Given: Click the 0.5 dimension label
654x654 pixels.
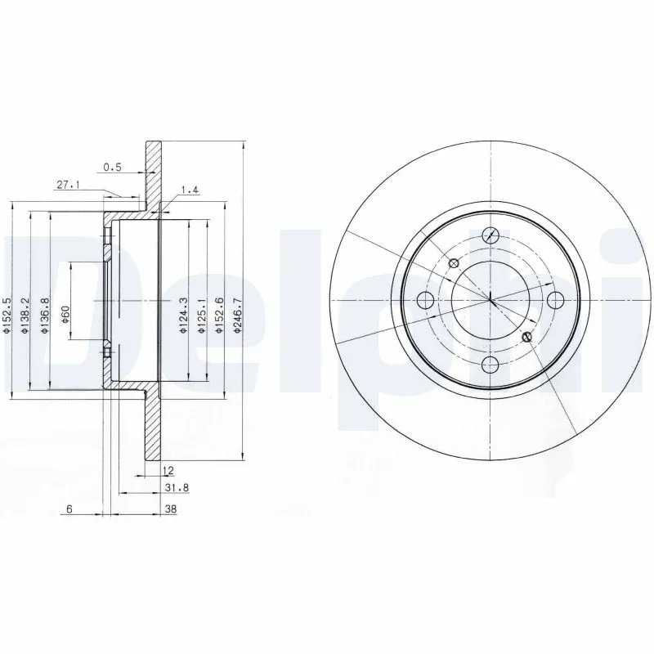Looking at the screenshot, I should coord(112,168).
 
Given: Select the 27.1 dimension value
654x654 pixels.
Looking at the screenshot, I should coord(68,186).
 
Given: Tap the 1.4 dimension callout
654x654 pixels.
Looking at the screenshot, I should coord(189,190).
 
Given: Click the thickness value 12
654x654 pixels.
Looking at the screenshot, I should coord(168,470).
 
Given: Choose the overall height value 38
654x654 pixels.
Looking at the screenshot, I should coord(171,508).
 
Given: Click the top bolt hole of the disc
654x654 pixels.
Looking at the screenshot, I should coord(490,235).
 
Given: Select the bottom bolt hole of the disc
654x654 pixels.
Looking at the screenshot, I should coord(490,364).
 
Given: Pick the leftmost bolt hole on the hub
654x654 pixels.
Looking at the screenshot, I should coord(425,299).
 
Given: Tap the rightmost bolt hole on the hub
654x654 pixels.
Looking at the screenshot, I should coord(554,299).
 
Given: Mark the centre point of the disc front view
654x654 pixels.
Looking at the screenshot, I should coord(490,299).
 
